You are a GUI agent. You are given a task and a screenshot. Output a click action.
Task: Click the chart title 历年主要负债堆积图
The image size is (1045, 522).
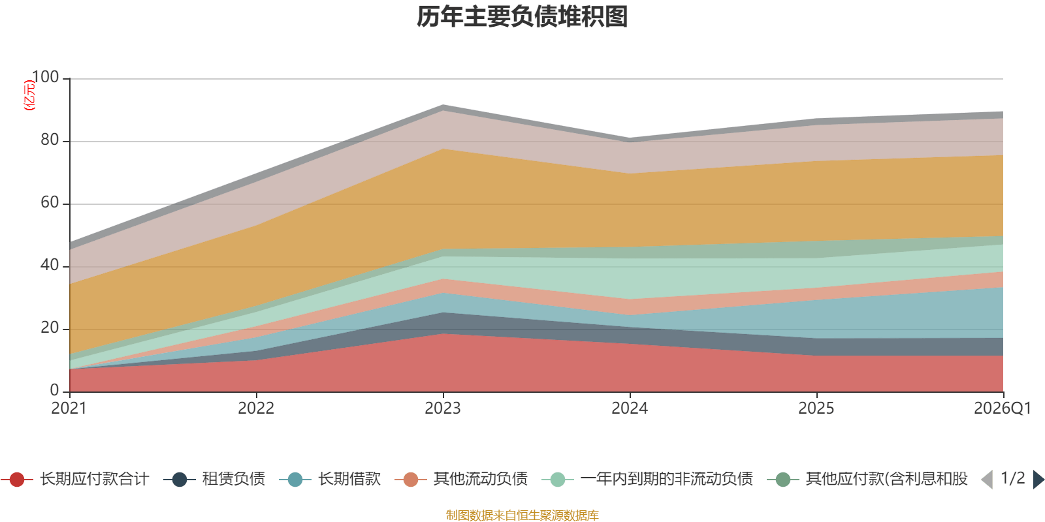tap(522, 18)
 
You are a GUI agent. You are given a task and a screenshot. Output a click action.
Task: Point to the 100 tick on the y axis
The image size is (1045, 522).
tap(45, 78)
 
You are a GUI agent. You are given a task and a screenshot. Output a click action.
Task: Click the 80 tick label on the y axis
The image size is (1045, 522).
tap(50, 140)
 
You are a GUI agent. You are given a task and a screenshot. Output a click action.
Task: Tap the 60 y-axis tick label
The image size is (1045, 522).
tap(50, 203)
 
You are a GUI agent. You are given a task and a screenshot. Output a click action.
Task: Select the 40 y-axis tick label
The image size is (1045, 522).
tap(50, 266)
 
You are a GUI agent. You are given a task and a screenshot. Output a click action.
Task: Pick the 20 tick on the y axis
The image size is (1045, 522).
tap(50, 328)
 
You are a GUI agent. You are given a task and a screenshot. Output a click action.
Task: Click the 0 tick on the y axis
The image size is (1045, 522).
tap(55, 391)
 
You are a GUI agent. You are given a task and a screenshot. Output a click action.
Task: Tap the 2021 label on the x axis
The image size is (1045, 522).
tap(69, 408)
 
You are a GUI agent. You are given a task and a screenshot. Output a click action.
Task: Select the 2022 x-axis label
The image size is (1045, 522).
tap(256, 408)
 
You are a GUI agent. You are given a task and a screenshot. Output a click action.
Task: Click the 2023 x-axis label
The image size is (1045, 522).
tap(443, 408)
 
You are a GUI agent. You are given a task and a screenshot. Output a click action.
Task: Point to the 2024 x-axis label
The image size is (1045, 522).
tap(630, 408)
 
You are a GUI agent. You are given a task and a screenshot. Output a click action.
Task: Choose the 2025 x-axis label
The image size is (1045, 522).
tap(816, 408)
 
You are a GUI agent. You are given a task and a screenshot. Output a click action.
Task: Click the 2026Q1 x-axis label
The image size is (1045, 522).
tap(1002, 408)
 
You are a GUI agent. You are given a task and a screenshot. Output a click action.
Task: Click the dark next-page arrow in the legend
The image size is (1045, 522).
tap(1038, 480)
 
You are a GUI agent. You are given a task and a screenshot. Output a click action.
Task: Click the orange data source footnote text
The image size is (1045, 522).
tap(522, 515)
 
